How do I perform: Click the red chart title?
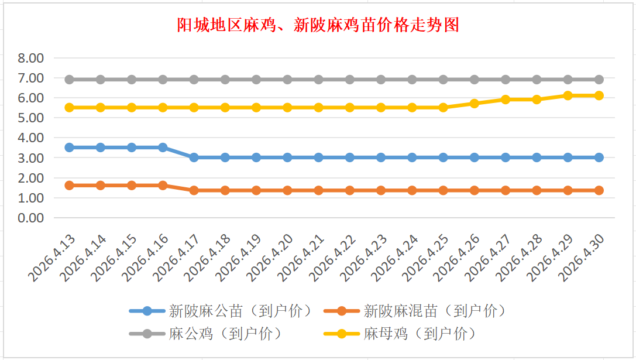(318, 25)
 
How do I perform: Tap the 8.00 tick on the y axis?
(31, 58)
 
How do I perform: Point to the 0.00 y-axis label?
(31, 218)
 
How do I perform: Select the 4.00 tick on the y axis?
(31, 138)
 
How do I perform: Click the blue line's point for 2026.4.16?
(163, 148)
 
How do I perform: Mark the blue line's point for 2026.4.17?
(194, 157)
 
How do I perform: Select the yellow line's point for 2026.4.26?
(475, 104)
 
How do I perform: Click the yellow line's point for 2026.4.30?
(599, 95)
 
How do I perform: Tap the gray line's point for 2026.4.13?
(69, 80)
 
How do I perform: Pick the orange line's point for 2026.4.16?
(163, 186)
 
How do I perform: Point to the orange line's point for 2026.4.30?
(599, 190)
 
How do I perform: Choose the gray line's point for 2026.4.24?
(412, 80)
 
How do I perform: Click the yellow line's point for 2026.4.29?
(568, 95)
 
